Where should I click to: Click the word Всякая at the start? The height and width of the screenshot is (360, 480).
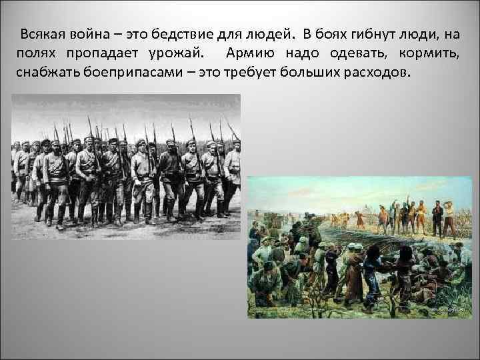[41, 34]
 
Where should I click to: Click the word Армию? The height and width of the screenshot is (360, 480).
[247, 53]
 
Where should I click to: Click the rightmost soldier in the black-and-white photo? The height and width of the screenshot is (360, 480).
[231, 177]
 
